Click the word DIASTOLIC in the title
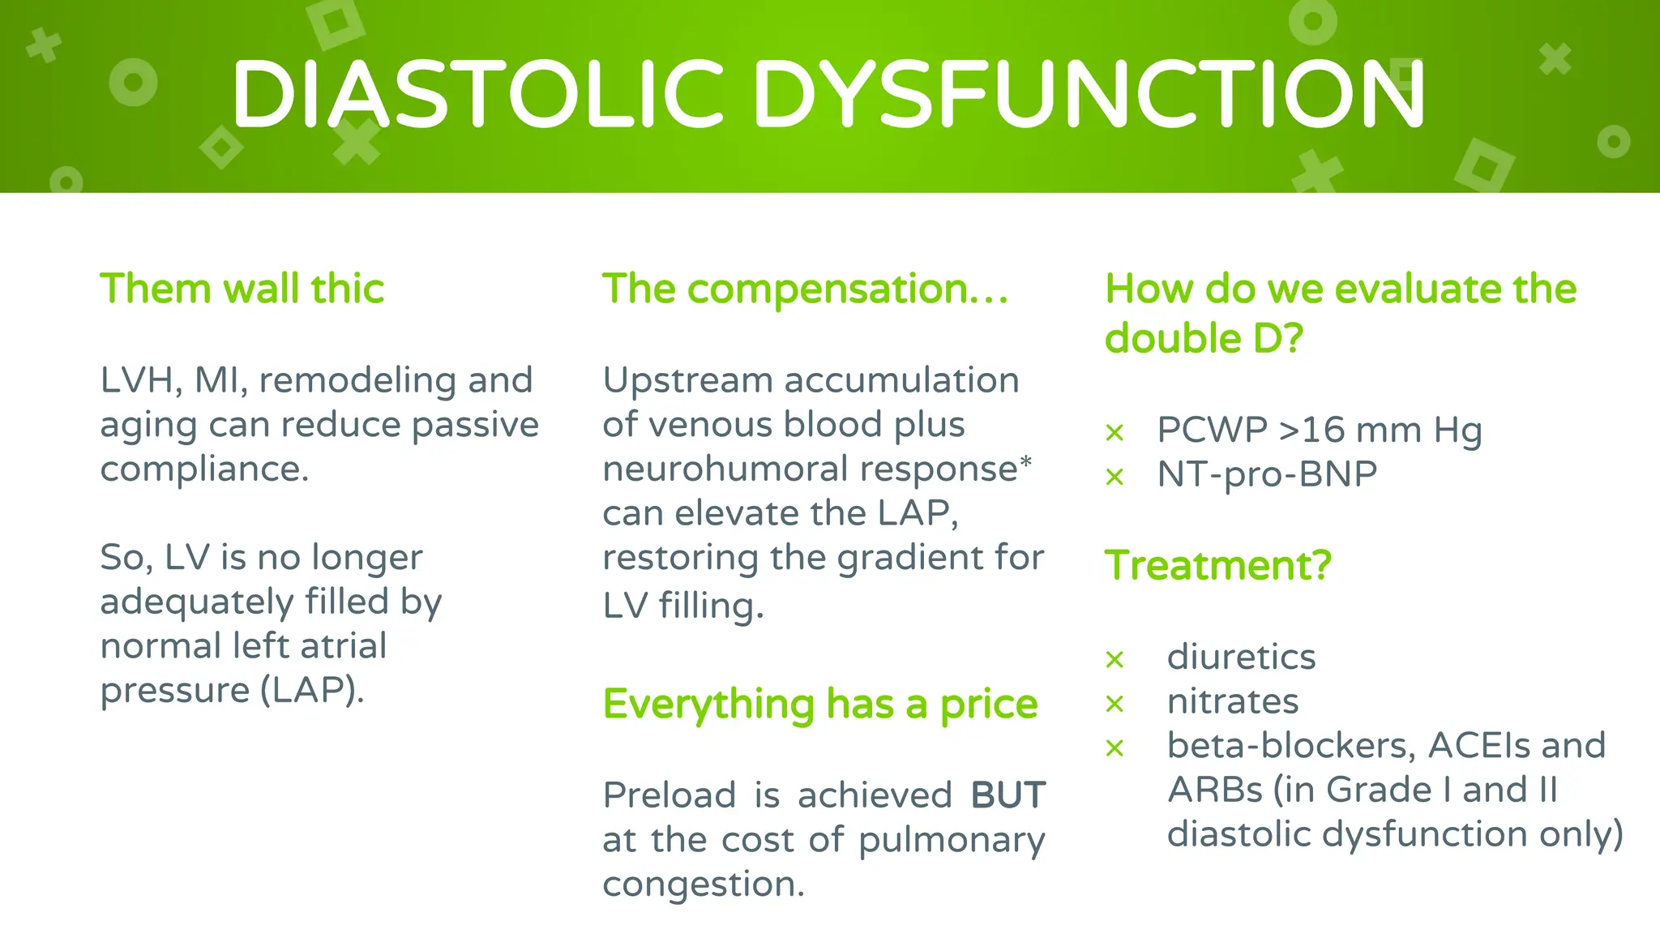coord(477,94)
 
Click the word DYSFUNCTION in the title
coord(1088,94)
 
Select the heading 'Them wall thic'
coord(242,289)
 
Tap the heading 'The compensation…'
coord(805,289)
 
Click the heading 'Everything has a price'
coord(819,704)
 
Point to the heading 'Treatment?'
coord(1217,565)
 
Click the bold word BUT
coord(1008,795)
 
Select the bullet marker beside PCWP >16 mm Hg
coord(1115,433)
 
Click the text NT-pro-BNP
coord(1266,474)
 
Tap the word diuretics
coord(1241,657)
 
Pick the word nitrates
coord(1232,701)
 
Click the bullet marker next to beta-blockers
coord(1115,748)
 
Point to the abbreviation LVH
coord(135,380)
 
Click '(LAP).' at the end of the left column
coord(312,691)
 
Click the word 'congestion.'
coord(703,884)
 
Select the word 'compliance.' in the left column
coord(204,469)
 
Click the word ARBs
coord(1214,790)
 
